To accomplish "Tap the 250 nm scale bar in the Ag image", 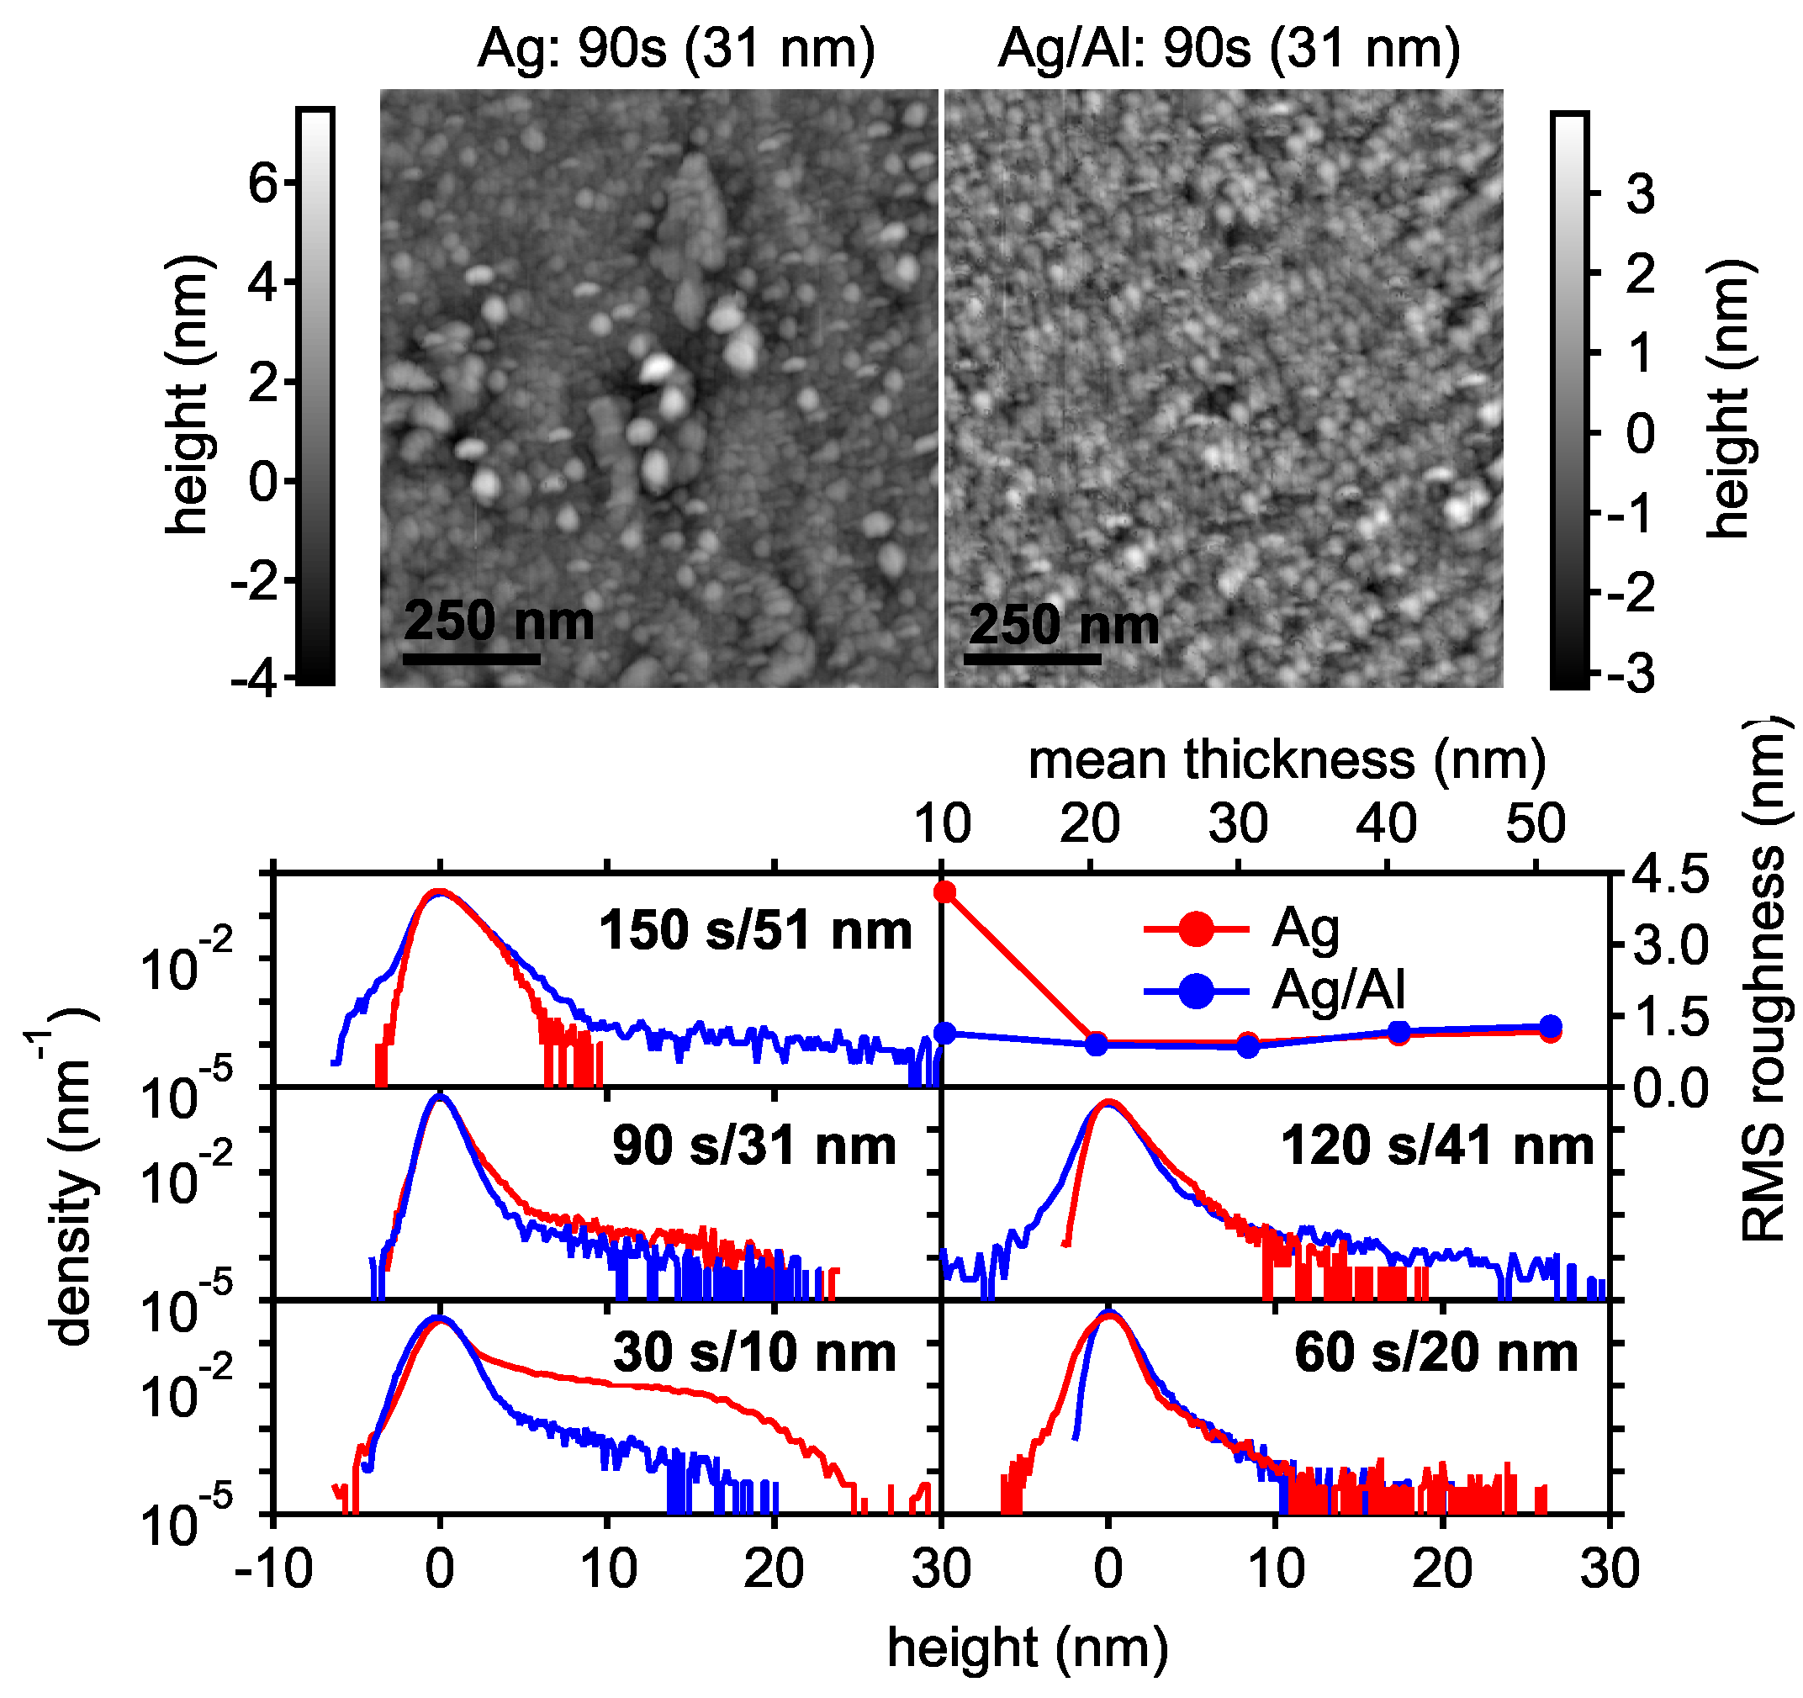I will (471, 659).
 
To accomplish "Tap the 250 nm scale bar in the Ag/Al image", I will (1032, 659).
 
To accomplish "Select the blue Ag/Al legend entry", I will (1275, 991).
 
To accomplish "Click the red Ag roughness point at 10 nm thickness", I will (945, 892).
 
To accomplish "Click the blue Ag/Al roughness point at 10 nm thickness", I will (945, 1033).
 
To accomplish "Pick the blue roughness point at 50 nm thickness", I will (1551, 1027).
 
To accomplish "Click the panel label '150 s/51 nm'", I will (754, 931).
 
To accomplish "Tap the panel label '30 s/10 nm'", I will (754, 1352).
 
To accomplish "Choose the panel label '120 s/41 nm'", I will (1436, 1145).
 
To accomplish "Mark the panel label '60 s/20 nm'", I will (1436, 1352).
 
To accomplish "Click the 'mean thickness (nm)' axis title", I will (1287, 759).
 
